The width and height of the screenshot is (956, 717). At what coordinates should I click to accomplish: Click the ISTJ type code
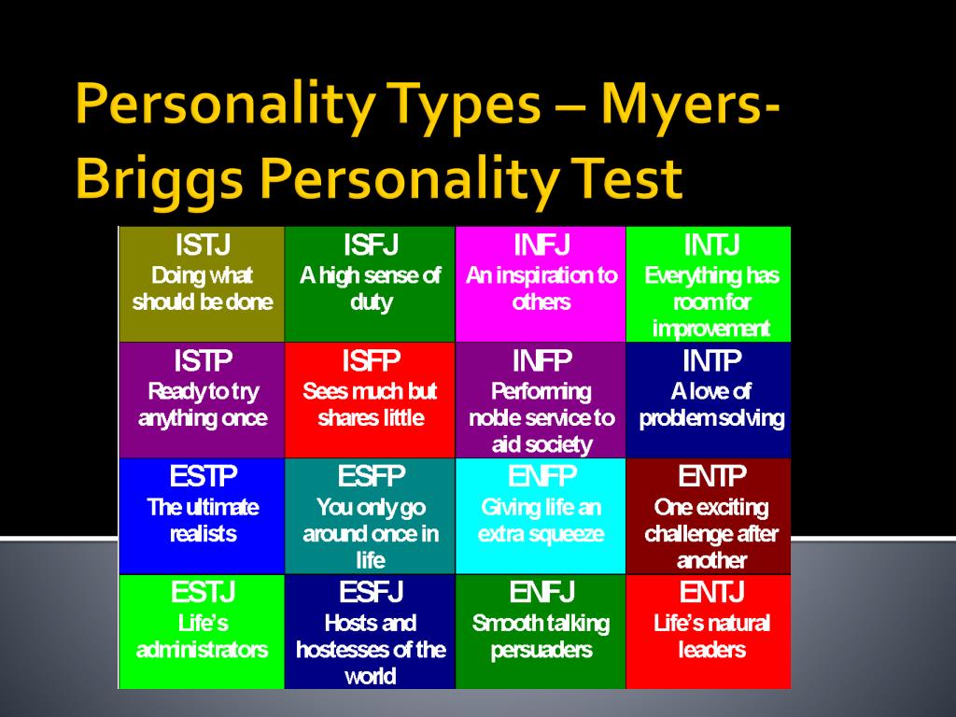tap(203, 246)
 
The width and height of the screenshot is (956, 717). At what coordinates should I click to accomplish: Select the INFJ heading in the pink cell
tap(541, 246)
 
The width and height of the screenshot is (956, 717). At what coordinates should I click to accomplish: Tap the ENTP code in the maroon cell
tap(711, 476)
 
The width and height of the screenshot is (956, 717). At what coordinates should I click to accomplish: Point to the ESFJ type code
tap(371, 592)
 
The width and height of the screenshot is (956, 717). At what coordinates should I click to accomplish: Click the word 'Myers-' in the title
tap(690, 105)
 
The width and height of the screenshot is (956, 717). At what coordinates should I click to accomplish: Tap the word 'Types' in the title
tap(465, 105)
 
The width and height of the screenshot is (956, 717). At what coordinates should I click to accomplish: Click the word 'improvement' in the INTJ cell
tap(710, 330)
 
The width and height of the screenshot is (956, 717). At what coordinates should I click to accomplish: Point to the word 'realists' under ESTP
tap(203, 534)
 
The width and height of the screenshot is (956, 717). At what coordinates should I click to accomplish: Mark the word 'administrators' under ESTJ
tap(202, 650)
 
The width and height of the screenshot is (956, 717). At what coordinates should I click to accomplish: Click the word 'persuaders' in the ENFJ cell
tap(541, 651)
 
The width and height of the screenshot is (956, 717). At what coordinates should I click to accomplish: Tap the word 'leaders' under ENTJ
tap(711, 650)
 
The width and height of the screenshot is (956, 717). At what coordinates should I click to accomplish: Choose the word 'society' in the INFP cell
tap(560, 445)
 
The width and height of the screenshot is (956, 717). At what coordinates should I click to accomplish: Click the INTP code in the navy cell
tap(711, 361)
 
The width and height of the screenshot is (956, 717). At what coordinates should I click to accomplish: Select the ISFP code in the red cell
tap(371, 361)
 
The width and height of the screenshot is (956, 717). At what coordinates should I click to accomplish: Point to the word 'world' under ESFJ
tap(370, 676)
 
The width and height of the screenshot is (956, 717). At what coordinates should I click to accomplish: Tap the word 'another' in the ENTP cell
tap(711, 561)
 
